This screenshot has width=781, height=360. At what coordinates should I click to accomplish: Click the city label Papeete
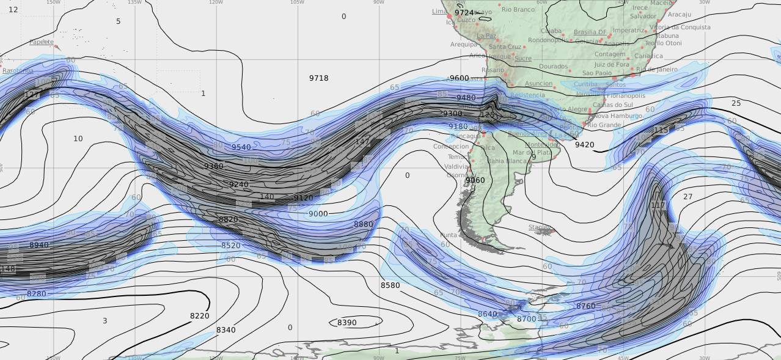point(41,42)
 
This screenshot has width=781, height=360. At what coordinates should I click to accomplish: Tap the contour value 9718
point(318,78)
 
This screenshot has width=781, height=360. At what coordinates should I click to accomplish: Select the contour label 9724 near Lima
point(464,13)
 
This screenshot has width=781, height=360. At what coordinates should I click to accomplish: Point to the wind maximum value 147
point(362,142)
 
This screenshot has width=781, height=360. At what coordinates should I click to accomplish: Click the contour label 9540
point(241,147)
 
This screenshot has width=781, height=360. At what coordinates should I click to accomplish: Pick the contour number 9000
point(318,214)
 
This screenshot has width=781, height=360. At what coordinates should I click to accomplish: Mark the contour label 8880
point(363,224)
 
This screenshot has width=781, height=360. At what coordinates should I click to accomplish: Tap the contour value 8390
point(346,323)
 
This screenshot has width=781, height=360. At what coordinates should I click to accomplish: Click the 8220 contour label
point(199,316)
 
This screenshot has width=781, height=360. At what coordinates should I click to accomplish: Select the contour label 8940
point(38,245)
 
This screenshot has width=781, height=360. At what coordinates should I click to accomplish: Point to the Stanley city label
point(539,227)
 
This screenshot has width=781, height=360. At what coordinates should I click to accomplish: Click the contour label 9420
point(584,145)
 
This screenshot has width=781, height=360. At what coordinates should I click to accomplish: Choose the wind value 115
point(661,130)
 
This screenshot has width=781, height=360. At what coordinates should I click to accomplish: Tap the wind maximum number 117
point(658,205)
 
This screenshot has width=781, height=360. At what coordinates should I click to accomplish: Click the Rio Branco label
point(518,9)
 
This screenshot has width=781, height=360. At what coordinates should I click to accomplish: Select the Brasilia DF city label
point(590,32)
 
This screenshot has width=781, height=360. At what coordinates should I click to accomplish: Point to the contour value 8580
point(390,285)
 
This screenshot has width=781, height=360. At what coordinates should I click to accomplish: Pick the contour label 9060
point(475,180)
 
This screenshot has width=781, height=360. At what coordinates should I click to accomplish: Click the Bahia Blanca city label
point(508,161)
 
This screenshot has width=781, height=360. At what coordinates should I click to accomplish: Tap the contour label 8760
point(585,306)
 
